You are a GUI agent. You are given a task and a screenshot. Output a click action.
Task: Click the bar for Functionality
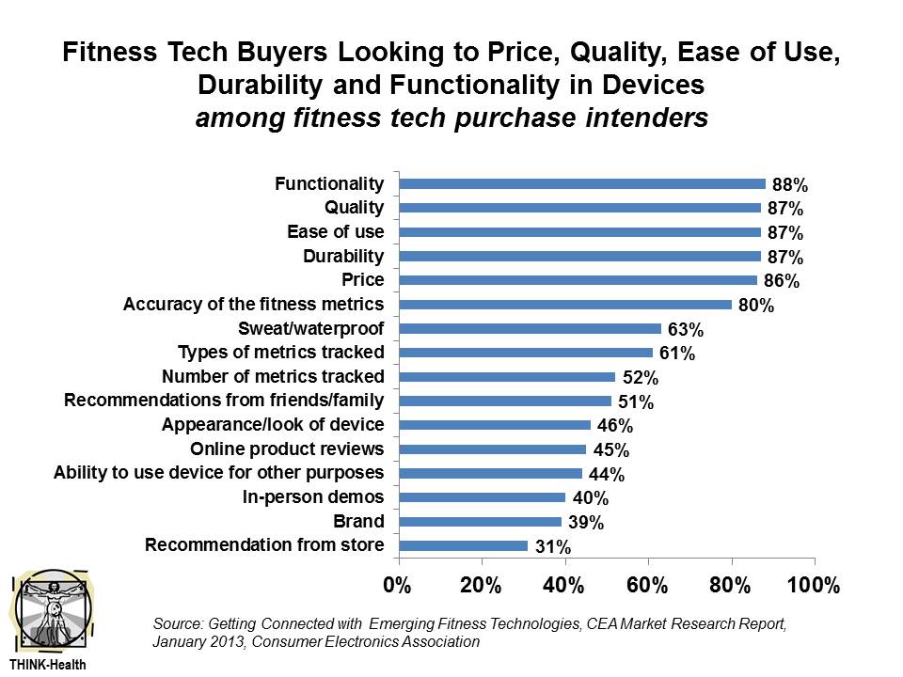583,184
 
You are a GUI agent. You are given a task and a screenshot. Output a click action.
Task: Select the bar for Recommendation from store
464,545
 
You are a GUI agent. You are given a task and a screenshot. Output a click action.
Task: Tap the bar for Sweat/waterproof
531,329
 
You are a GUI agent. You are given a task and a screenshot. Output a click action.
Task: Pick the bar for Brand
481,522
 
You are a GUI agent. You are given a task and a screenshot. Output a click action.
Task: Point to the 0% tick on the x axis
399,585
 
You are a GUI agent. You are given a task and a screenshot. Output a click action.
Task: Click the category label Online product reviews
287,449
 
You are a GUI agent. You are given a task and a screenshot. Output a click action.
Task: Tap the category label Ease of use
335,231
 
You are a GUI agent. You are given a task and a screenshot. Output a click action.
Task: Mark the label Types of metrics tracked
280,353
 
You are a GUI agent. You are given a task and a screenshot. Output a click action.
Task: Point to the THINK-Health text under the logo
48,663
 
